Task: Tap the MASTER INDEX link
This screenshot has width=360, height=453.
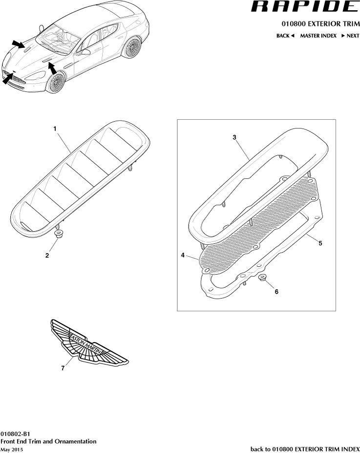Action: pyautogui.click(x=318, y=36)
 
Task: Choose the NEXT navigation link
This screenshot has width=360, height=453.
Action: pyautogui.click(x=350, y=36)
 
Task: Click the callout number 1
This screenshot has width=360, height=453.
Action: pyautogui.click(x=55, y=129)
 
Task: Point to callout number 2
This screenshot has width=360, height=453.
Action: pyautogui.click(x=47, y=255)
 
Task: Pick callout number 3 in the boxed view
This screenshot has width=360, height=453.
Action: pyautogui.click(x=234, y=137)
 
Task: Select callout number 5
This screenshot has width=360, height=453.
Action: pyautogui.click(x=320, y=243)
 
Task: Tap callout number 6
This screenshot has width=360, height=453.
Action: pyautogui.click(x=276, y=292)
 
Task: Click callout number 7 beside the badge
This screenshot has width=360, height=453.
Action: pyautogui.click(x=63, y=368)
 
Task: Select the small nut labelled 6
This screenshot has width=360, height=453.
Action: pyautogui.click(x=262, y=279)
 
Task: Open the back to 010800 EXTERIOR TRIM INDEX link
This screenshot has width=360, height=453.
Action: pyautogui.click(x=305, y=449)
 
